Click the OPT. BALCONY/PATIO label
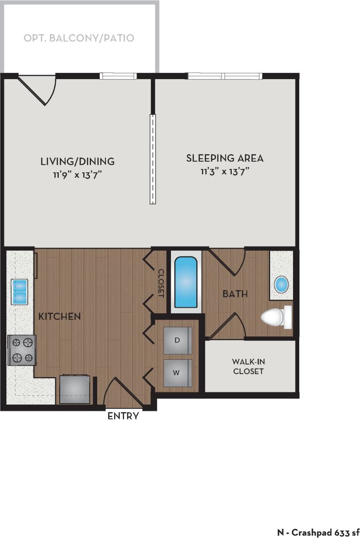[79, 38]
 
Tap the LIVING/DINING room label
[77, 161]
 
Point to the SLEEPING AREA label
[224, 158]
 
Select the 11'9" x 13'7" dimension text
[77, 174]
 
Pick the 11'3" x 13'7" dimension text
[224, 171]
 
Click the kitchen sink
[20, 291]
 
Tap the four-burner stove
[22, 350]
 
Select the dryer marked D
[177, 340]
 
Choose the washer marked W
[177, 373]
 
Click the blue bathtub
[186, 282]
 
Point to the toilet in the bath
[276, 317]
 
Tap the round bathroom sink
[281, 284]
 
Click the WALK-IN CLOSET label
[248, 367]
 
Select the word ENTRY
[123, 416]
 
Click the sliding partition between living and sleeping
[153, 159]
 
